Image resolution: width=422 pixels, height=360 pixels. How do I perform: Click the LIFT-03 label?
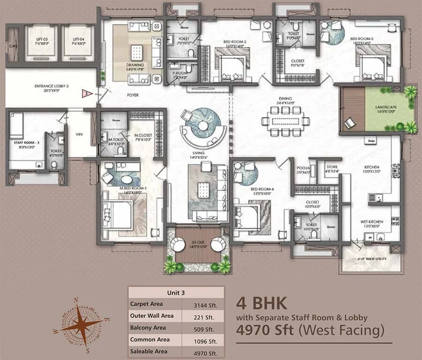point(42,39)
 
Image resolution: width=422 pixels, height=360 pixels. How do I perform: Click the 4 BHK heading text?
point(261,303)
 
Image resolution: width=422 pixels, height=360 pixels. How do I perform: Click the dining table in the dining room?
point(284,121)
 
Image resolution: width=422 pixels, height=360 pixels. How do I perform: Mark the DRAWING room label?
point(135,66)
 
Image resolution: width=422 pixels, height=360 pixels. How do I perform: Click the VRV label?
point(79,134)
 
